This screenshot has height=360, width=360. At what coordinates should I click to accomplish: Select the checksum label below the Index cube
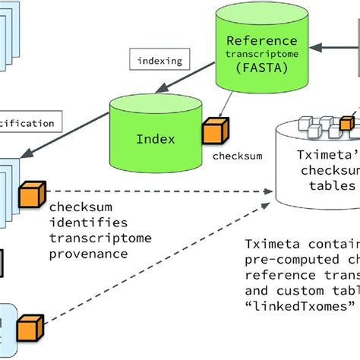[x=237, y=156]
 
